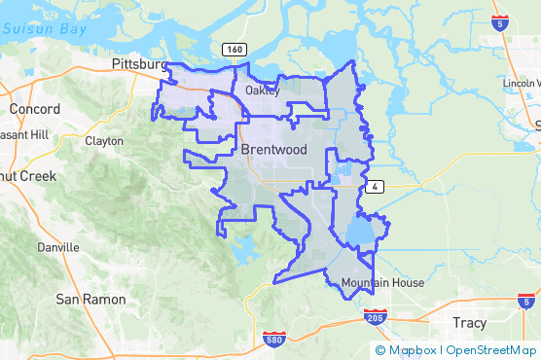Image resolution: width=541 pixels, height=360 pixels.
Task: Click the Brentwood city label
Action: coord(273,151)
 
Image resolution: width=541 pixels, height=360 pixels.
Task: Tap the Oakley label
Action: coord(263,90)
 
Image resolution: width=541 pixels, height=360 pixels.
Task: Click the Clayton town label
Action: coord(104,141)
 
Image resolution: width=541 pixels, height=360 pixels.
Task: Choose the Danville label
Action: coord(57,247)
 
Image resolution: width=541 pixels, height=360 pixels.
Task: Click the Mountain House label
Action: coord(382,283)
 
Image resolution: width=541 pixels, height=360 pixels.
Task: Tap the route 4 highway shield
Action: coord(375,186)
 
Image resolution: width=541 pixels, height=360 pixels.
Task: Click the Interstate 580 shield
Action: coord(274,340)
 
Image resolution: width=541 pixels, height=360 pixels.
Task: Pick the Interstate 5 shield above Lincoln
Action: coord(499,22)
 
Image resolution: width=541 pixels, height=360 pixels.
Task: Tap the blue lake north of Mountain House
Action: coord(361,232)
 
